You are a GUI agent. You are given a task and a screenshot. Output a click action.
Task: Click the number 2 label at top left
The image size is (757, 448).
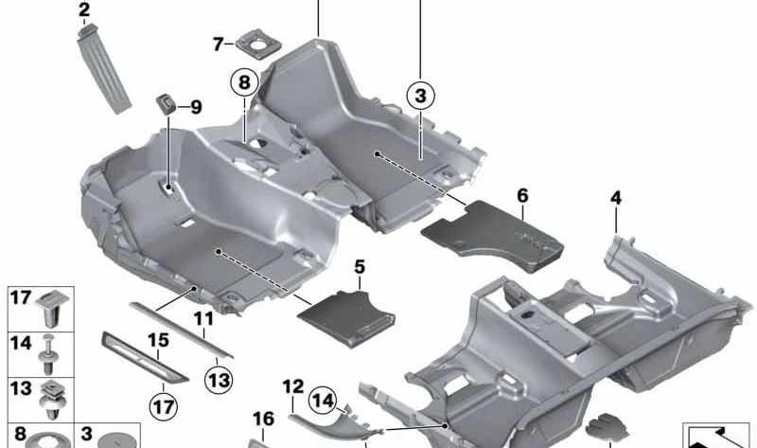[x=84, y=11]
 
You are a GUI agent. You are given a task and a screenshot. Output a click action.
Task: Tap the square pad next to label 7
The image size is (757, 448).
[x=255, y=45]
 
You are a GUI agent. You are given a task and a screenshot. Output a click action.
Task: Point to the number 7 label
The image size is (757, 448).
[x=218, y=44]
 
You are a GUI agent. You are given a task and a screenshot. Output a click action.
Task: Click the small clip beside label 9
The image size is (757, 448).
[x=167, y=103]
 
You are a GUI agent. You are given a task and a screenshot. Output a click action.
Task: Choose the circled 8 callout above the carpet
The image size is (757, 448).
[x=243, y=83]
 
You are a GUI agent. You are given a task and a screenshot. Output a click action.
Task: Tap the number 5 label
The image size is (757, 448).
[x=359, y=267]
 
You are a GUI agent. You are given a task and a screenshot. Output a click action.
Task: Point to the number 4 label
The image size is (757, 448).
[x=616, y=198]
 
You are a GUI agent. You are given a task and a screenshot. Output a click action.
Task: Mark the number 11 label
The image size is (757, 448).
[x=204, y=317]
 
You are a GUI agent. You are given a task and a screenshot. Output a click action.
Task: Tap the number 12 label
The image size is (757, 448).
[x=292, y=386]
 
